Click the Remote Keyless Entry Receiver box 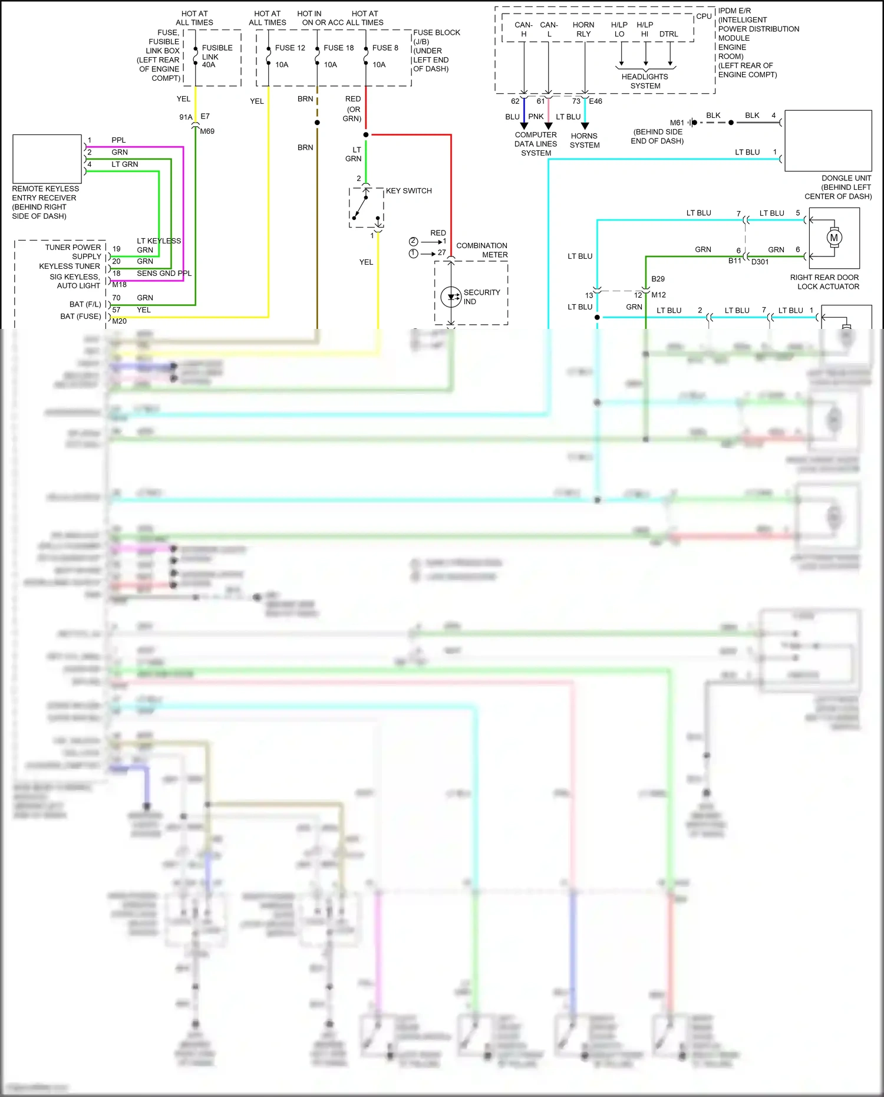[47, 159]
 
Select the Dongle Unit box [828, 141]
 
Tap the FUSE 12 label [290, 48]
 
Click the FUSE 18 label [338, 48]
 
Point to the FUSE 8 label [385, 48]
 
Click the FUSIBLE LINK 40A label [216, 56]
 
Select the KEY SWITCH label [408, 191]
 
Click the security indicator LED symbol [451, 297]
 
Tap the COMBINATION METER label [481, 250]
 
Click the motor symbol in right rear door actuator [833, 238]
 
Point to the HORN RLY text [583, 29]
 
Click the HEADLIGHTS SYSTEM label [645, 81]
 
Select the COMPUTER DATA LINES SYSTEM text [536, 144]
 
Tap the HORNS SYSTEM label [585, 140]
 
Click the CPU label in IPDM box [704, 17]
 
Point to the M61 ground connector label [677, 123]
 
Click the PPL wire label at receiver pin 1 [118, 140]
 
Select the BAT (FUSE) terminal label [81, 317]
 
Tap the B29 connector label [658, 279]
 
